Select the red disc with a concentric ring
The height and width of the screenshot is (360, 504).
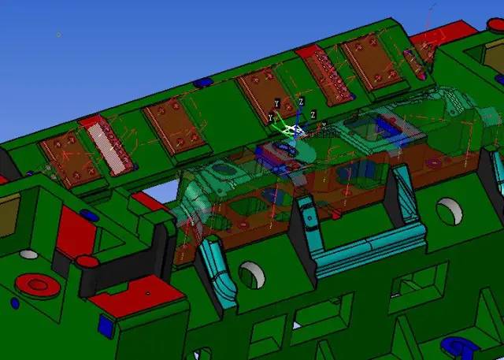click(x=38, y=285)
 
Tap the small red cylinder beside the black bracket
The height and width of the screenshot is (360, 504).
click(x=87, y=262)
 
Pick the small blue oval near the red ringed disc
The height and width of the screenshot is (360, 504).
click(x=15, y=303)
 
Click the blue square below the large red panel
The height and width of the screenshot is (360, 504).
click(x=106, y=326)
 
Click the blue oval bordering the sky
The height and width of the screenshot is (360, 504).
click(x=203, y=82)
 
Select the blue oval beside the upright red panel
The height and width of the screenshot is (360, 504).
click(x=89, y=215)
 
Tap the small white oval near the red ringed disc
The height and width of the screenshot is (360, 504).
click(x=28, y=254)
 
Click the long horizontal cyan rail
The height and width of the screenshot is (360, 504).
click(x=369, y=249)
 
